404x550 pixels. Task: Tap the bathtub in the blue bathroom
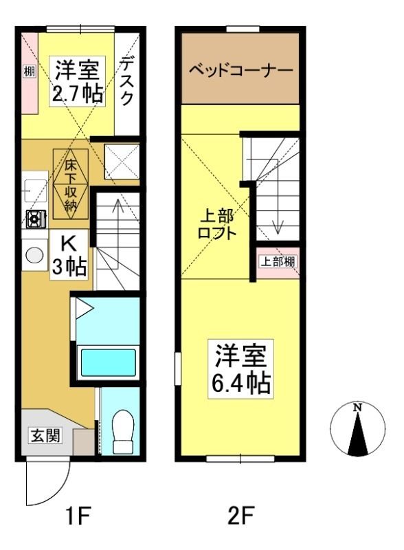[109, 362]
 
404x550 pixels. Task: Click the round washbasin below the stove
[35, 254]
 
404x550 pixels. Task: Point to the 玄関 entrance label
[45, 436]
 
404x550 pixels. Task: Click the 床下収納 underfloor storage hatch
[71, 184]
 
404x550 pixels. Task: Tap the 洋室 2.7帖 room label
[78, 81]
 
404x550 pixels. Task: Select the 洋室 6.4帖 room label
[241, 369]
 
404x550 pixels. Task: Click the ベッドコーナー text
[241, 70]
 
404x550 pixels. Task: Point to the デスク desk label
[127, 81]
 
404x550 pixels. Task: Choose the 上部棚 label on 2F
[278, 262]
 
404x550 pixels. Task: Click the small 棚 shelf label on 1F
[30, 72]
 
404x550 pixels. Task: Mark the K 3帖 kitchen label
[69, 254]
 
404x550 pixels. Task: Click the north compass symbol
[357, 428]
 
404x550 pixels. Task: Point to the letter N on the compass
[357, 407]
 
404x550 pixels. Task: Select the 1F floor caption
[78, 515]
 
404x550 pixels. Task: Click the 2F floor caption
[240, 515]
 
